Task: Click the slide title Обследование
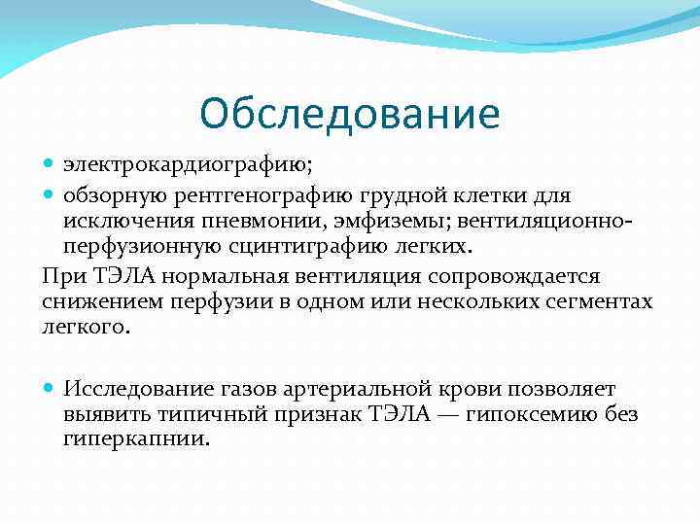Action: pyautogui.click(x=350, y=114)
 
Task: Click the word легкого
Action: pyautogui.click(x=85, y=329)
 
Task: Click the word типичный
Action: pyautogui.click(x=197, y=415)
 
